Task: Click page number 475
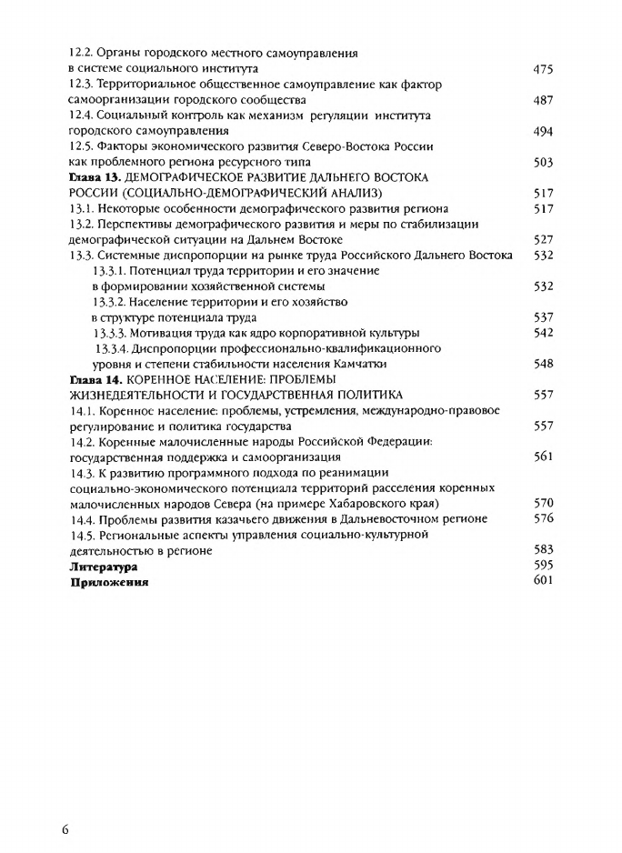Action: pos(543,69)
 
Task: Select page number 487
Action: pos(543,100)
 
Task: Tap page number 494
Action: pos(543,132)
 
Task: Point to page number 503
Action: pos(543,163)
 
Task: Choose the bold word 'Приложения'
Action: pos(110,583)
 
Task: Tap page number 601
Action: pos(543,580)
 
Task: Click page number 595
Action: pos(543,565)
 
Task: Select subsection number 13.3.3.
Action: pos(113,333)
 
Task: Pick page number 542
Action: pos(543,333)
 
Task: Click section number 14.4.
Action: pos(82,518)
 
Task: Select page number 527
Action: pos(543,240)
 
